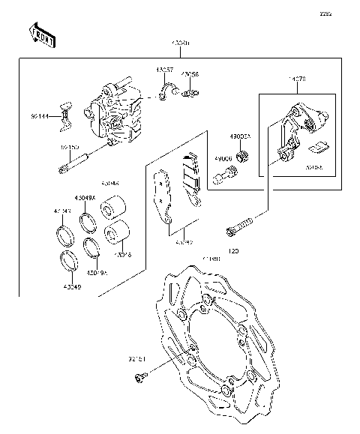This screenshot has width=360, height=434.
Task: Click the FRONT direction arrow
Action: [x=42, y=35]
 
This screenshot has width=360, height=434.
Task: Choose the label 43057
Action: [x=164, y=70]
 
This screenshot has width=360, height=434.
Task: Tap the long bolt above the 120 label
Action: [x=244, y=223]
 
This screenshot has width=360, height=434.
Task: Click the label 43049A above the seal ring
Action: [x=84, y=199]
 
